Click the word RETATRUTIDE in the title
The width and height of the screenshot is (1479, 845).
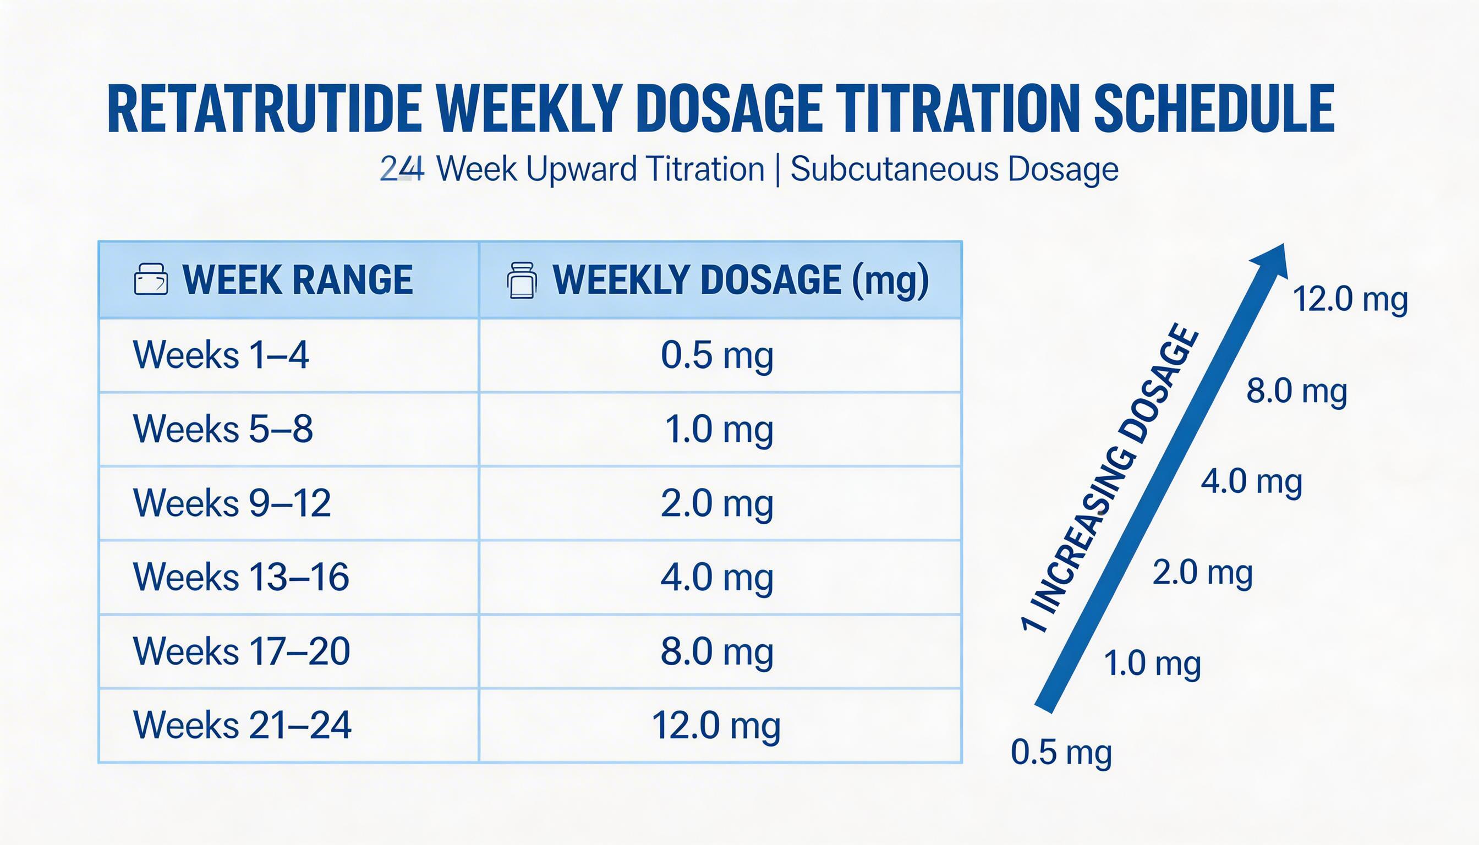[x=264, y=109]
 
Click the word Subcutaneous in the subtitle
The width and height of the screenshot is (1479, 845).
[x=894, y=169]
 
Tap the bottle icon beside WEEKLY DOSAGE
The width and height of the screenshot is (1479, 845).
[x=521, y=281]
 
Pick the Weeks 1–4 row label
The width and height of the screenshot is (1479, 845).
[x=221, y=355]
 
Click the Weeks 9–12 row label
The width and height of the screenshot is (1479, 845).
[x=232, y=503]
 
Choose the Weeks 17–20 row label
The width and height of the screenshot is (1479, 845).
[x=242, y=651]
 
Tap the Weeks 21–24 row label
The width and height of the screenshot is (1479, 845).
[x=242, y=725]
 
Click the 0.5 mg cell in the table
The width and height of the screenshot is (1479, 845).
[x=717, y=355]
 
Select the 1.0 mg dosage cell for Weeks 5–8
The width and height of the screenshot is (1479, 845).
[x=718, y=429]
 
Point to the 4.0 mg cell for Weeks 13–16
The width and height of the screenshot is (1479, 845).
[x=717, y=577]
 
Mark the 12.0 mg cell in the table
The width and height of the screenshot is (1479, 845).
[x=716, y=725]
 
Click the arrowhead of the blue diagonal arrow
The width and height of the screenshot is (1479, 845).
[x=1271, y=261]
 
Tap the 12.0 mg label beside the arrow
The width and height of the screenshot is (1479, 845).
[x=1350, y=299]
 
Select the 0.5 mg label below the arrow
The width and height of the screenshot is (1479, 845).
[x=1061, y=752]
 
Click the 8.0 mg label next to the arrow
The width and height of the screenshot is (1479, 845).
[x=1296, y=391]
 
